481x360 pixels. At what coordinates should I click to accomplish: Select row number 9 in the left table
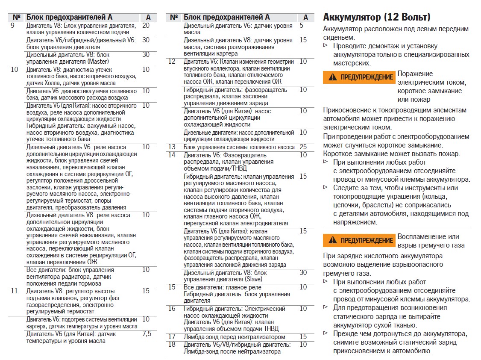pyautogui.click(x=12, y=26)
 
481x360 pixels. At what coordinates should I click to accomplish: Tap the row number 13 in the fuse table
pyautogui.click(x=172, y=147)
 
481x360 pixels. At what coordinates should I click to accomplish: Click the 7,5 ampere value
pyautogui.click(x=146, y=334)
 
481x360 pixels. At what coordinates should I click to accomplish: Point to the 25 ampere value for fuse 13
pyautogui.click(x=303, y=147)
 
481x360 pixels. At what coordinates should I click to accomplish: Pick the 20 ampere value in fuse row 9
pyautogui.click(x=146, y=26)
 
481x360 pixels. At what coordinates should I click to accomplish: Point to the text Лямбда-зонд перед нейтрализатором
pyautogui.click(x=235, y=337)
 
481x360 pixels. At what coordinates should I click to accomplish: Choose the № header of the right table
pyautogui.click(x=174, y=18)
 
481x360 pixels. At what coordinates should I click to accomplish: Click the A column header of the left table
pyautogui.click(x=148, y=18)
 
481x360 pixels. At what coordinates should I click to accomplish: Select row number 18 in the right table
pyautogui.click(x=172, y=345)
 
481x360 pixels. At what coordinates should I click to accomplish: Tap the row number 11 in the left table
pyautogui.click(x=15, y=291)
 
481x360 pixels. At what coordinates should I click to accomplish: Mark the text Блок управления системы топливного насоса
pyautogui.click(x=239, y=147)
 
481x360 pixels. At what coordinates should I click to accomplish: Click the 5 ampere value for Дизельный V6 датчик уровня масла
pyautogui.click(x=302, y=26)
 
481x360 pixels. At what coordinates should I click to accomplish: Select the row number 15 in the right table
pyautogui.click(x=172, y=287)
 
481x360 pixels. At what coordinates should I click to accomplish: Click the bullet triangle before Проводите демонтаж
pyautogui.click(x=326, y=45)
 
